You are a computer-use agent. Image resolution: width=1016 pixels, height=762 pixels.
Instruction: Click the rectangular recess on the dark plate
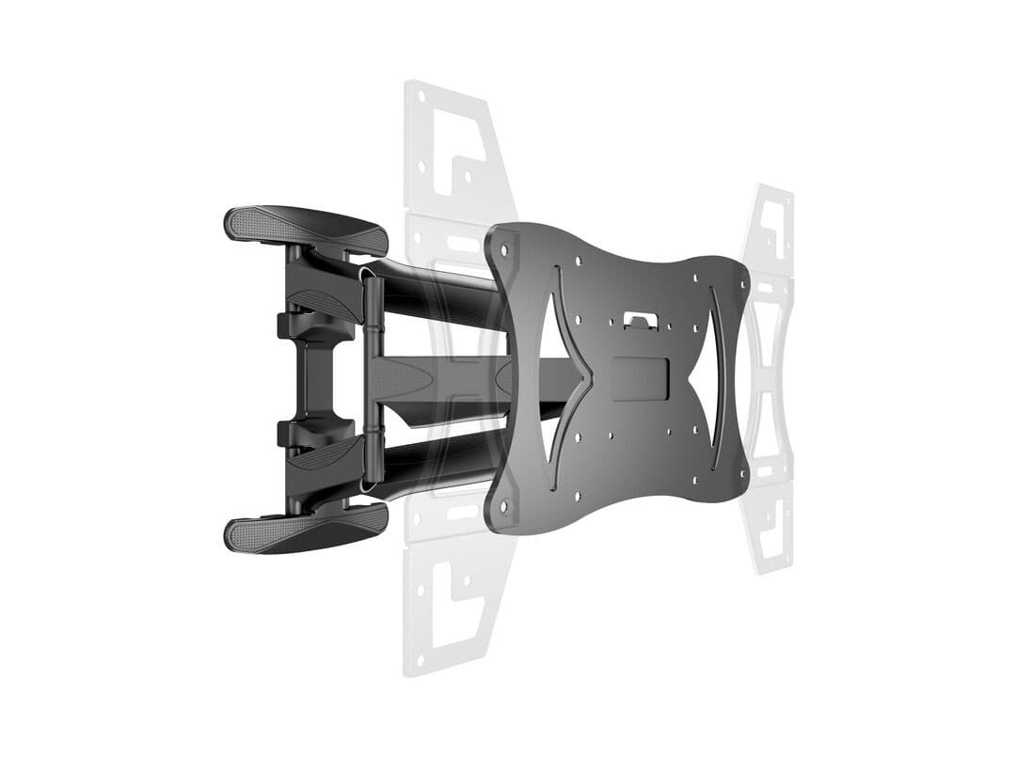click(640, 376)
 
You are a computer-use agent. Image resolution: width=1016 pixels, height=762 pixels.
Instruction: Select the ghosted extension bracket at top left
click(452, 151)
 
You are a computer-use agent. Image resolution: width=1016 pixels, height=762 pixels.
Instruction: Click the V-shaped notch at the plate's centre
click(589, 377)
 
